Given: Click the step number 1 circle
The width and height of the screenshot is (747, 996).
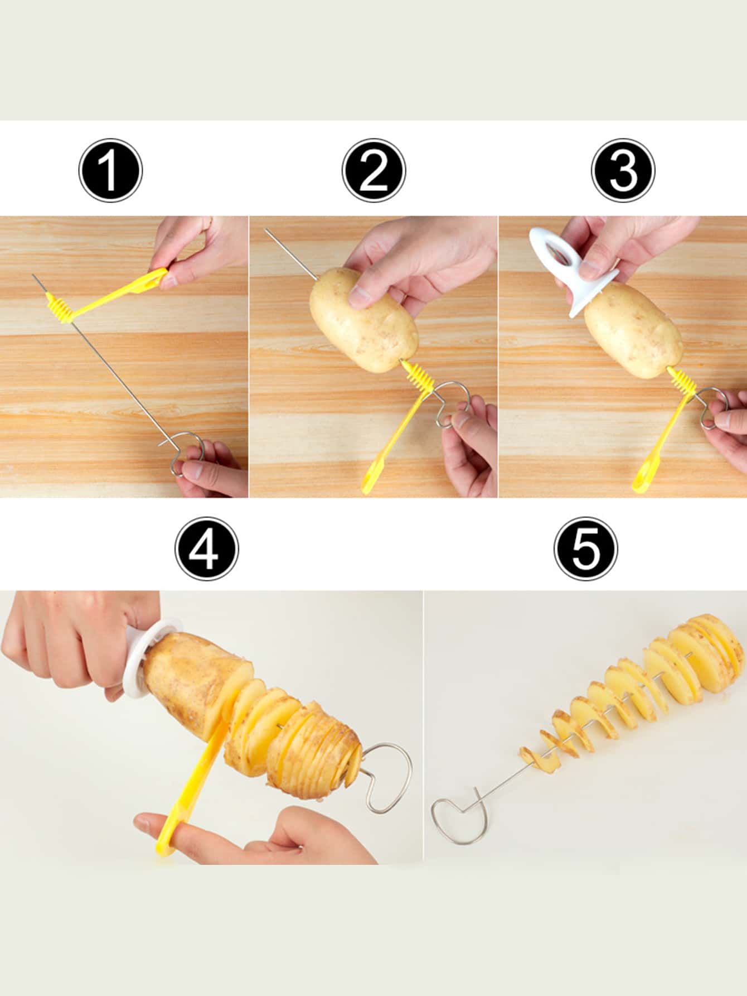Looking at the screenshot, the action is pyautogui.click(x=110, y=170).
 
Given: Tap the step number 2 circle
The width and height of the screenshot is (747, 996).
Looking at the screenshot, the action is pyautogui.click(x=374, y=170).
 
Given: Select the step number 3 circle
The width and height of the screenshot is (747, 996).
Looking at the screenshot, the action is pyautogui.click(x=623, y=170).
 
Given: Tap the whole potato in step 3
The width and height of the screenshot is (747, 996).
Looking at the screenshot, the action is pyautogui.click(x=633, y=329).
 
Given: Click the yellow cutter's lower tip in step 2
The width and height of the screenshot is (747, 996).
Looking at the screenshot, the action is pyautogui.click(x=368, y=487).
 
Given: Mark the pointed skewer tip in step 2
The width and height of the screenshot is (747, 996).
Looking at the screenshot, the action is pyautogui.click(x=266, y=229).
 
